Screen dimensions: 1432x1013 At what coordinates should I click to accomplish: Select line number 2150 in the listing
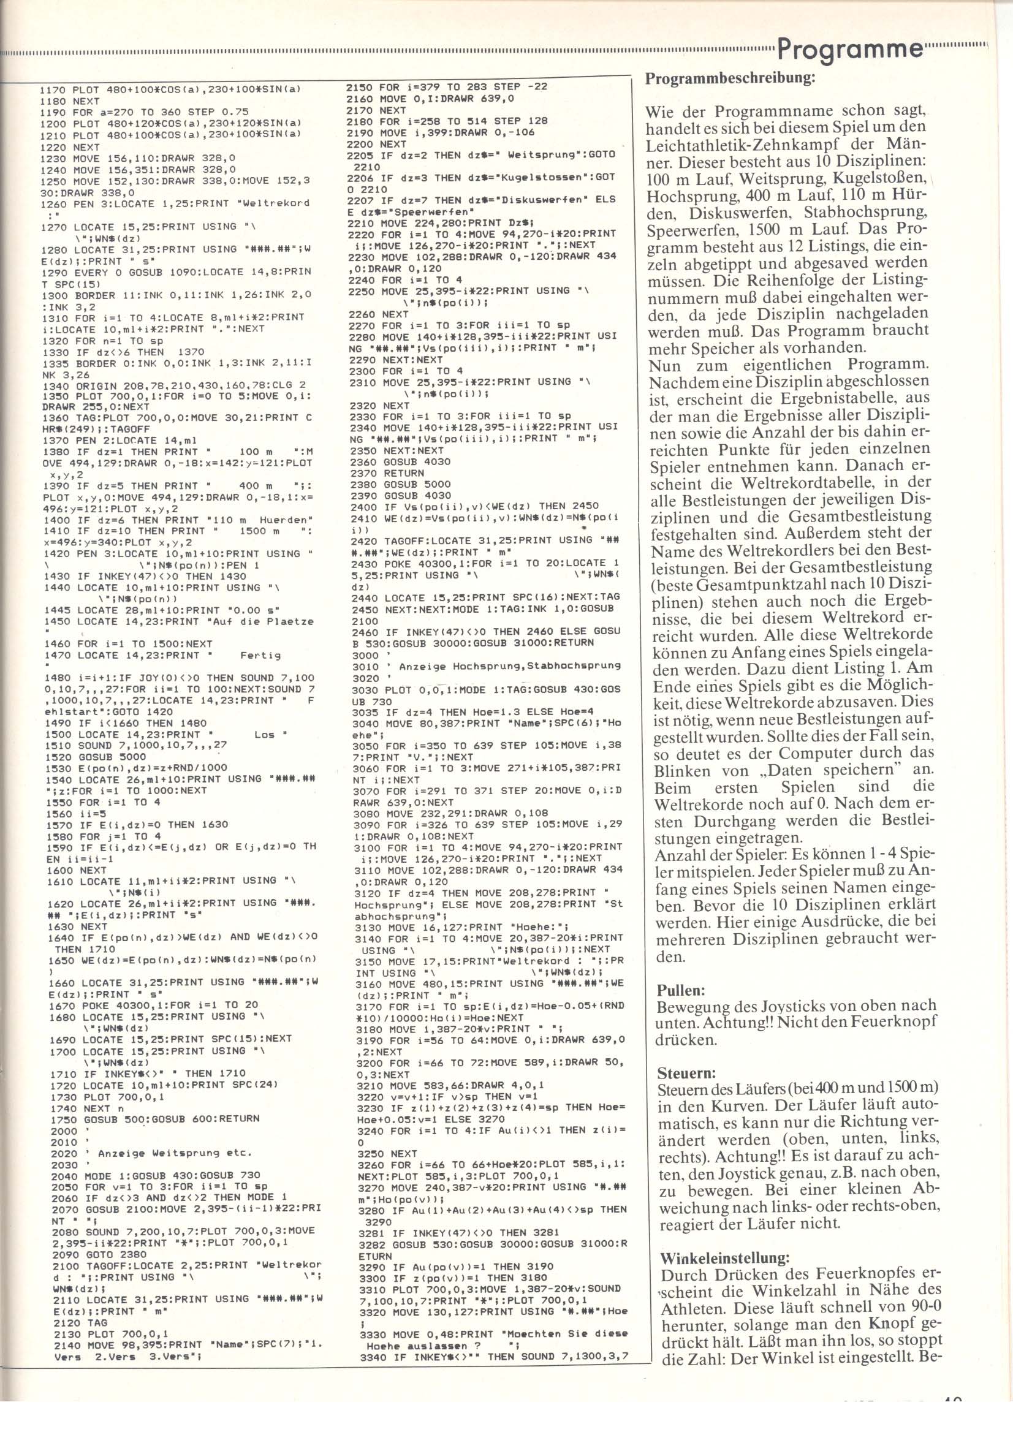359,86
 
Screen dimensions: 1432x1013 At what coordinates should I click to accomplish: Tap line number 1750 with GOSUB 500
63,1118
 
